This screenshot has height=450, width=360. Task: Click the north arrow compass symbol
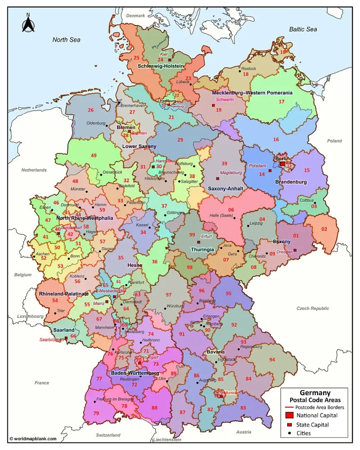[28, 23]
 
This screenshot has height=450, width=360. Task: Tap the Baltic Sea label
[303, 29]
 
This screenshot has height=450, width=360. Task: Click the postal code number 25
[136, 58]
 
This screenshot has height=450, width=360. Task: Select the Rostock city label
[248, 69]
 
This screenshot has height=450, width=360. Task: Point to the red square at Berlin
[283, 164]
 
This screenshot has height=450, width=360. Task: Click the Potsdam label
[257, 166]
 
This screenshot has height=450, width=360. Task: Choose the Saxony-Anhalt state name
[225, 189]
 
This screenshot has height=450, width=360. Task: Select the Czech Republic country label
[313, 309]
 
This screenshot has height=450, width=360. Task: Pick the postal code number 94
[272, 360]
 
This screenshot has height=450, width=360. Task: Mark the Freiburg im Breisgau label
[116, 399]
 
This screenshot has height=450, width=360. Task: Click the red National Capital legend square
[290, 414]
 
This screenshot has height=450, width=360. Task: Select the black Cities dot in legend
[290, 433]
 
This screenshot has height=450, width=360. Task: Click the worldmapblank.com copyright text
[33, 438]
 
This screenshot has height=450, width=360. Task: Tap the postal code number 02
[324, 229]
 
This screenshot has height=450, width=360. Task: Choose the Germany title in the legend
[315, 392]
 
